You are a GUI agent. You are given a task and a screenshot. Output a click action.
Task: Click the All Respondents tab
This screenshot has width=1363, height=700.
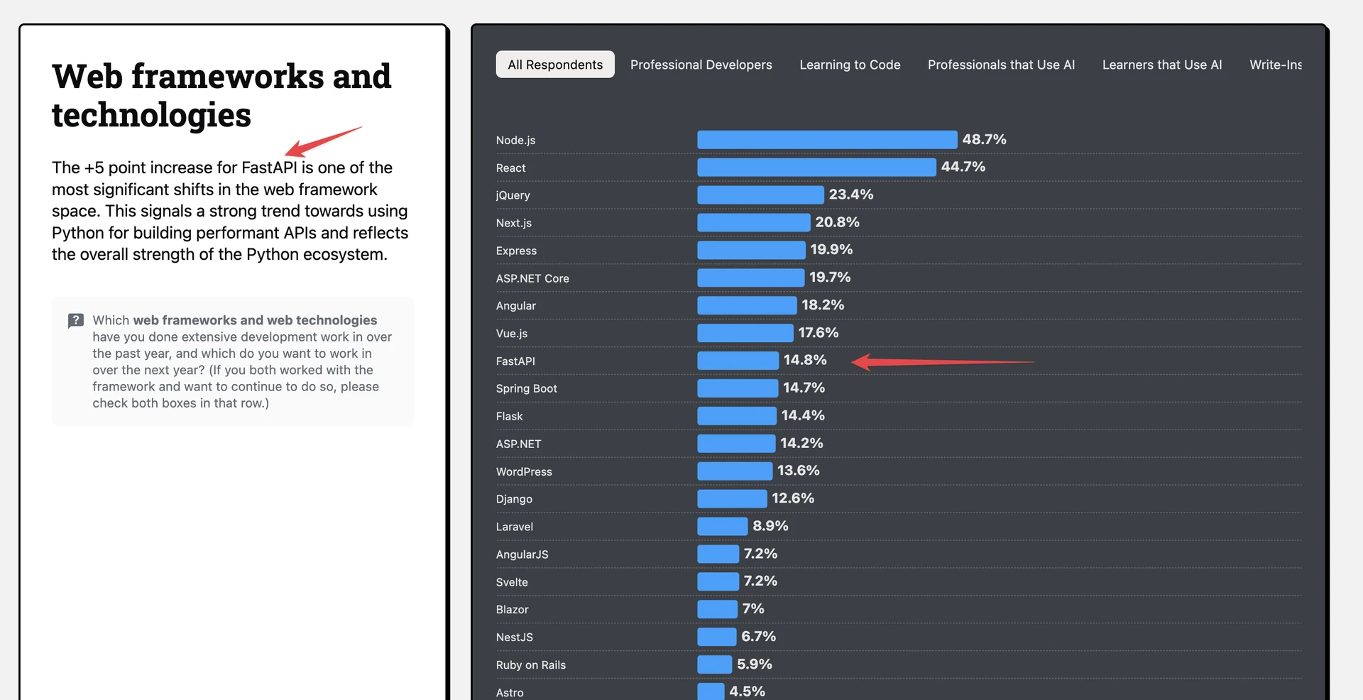pyautogui.click(x=555, y=65)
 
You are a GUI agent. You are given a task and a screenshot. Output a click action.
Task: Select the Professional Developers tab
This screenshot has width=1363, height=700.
pyautogui.click(x=701, y=65)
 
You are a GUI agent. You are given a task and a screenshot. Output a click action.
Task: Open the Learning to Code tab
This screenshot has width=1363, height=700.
pyautogui.click(x=850, y=65)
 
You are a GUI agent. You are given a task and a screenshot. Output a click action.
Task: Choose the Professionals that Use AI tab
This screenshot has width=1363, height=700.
pyautogui.click(x=1001, y=65)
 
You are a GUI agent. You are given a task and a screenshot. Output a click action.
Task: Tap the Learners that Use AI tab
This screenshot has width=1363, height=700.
pyautogui.click(x=1162, y=65)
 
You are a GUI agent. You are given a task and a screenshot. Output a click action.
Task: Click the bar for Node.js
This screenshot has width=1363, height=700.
pyautogui.click(x=827, y=139)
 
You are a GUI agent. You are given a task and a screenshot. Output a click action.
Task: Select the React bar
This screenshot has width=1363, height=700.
pyautogui.click(x=816, y=167)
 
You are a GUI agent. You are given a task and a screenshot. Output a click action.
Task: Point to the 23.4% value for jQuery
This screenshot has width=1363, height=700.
pyautogui.click(x=851, y=195)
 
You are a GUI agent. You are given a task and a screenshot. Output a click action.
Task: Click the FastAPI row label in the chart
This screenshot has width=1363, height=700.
pyautogui.click(x=515, y=361)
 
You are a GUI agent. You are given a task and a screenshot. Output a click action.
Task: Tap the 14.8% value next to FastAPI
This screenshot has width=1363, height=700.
pyautogui.click(x=805, y=360)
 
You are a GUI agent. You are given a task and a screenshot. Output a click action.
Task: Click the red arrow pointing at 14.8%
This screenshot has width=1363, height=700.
pyautogui.click(x=943, y=362)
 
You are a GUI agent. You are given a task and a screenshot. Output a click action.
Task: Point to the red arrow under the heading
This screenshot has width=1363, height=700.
pyautogui.click(x=323, y=141)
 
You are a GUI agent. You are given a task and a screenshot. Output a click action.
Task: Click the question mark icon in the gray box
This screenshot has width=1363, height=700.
pyautogui.click(x=76, y=321)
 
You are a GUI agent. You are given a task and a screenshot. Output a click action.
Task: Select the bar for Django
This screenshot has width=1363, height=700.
pyautogui.click(x=732, y=498)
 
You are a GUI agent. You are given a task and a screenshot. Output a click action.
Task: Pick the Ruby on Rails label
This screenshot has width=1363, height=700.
pyautogui.click(x=531, y=665)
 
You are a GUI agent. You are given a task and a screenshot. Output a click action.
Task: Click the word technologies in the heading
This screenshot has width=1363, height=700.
pyautogui.click(x=151, y=115)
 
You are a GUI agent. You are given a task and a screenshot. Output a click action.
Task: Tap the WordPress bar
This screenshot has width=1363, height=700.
pyautogui.click(x=735, y=471)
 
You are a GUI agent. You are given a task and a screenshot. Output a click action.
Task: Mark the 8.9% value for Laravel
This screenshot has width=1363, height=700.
pyautogui.click(x=770, y=526)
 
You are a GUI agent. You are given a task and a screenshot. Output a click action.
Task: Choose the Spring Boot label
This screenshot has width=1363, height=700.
pyautogui.click(x=527, y=388)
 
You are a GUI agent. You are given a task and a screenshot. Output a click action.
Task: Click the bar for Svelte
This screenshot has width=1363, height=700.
pyautogui.click(x=718, y=581)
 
